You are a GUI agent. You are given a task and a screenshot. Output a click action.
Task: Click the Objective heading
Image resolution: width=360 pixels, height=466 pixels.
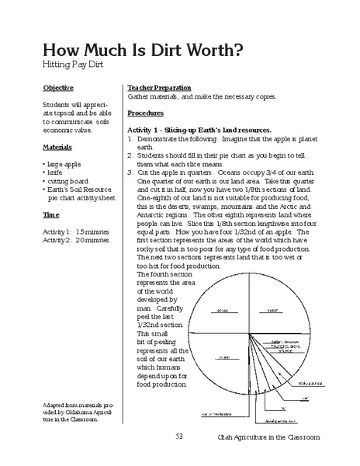tap(59, 88)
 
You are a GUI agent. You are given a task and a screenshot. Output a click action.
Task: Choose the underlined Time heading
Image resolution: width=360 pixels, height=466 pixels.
tap(51, 214)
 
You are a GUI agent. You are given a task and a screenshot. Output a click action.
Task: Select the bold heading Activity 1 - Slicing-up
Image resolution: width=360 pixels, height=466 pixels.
tap(199, 130)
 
